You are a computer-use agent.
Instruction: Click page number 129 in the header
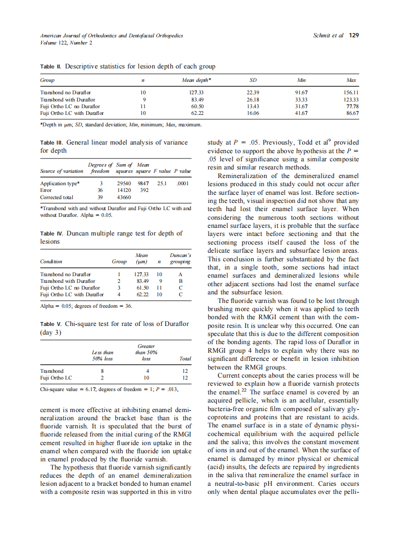click(x=354, y=35)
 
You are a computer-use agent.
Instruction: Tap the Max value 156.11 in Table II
click(x=352, y=92)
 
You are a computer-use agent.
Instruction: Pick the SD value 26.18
click(x=253, y=99)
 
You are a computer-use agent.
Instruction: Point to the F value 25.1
click(x=162, y=183)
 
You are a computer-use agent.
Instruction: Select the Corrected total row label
click(x=56, y=197)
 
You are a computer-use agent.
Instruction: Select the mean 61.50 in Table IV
click(x=142, y=288)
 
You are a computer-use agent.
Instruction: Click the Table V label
click(x=51, y=324)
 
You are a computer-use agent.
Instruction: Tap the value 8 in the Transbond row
click(x=102, y=371)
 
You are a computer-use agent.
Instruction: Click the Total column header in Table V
click(x=185, y=358)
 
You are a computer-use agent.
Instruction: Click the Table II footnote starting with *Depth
click(x=120, y=125)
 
